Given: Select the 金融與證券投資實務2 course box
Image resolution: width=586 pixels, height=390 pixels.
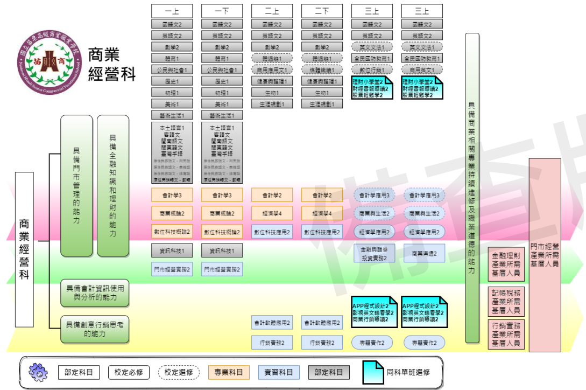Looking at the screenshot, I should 374,253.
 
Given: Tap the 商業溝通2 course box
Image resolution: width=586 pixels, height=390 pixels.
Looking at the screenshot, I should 424,253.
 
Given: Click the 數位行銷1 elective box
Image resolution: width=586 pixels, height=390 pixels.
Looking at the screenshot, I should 372,69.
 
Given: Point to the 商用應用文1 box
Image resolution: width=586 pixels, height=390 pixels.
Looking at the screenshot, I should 272,69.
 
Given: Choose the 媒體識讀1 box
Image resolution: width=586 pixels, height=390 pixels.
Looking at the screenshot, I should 322,69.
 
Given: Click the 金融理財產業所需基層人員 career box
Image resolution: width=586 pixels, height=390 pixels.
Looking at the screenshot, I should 506,264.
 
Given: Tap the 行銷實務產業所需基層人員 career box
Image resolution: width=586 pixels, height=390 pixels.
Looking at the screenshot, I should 506,334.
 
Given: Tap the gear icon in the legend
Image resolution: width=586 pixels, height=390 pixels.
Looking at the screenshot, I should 38,372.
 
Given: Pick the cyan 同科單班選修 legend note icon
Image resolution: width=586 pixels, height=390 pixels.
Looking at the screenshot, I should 373,372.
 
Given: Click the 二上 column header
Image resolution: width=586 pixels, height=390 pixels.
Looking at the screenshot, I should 272,11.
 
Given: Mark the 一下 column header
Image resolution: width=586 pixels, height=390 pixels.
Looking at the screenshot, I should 222,11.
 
